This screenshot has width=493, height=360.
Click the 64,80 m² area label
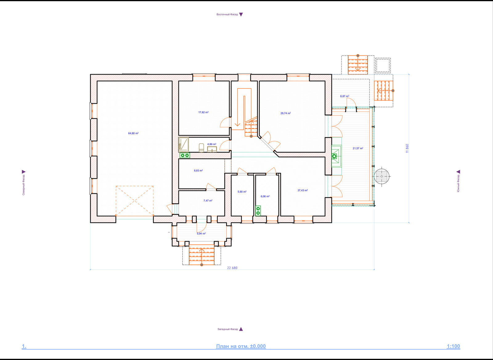133,133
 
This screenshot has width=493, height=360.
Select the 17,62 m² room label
203,112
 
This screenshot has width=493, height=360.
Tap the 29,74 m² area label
285,113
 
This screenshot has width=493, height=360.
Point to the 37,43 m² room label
303,190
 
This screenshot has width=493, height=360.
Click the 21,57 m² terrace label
358,148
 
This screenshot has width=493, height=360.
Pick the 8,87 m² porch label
345,96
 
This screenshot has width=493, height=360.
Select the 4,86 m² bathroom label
212,144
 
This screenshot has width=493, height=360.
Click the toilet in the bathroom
201,148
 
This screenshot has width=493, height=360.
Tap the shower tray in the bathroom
184,145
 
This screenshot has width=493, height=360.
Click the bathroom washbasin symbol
212,149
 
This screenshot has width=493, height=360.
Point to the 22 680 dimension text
232,268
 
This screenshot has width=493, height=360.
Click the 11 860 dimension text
407,149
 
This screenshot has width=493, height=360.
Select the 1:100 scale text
453,346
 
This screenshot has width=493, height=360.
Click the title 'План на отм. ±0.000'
241,346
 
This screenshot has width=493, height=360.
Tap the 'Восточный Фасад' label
227,14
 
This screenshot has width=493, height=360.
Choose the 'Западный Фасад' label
228,329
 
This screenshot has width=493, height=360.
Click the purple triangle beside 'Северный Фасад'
23,172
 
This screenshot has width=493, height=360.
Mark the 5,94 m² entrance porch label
201,233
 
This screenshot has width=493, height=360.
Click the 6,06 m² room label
265,196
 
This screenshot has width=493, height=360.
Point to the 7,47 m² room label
208,201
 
